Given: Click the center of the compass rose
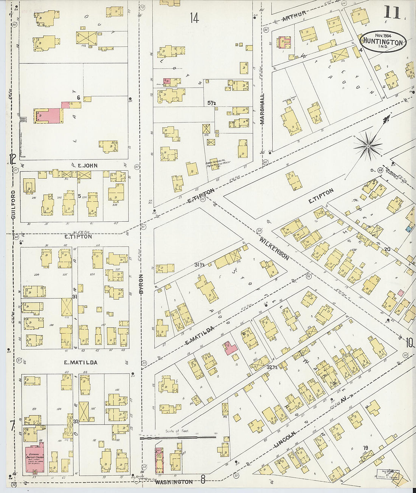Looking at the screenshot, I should point(368,145).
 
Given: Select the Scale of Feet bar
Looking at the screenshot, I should point(178,437).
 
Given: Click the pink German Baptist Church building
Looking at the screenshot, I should point(34,457).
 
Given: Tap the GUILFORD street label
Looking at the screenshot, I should point(13,205).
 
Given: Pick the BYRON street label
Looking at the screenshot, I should point(141,284).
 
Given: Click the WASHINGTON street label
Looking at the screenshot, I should point(174,482).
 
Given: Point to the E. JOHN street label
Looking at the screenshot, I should point(85,165).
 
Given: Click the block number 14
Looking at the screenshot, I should point(194,18).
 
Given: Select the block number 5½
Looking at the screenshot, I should point(211,102).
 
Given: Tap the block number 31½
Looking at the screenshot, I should point(200,265).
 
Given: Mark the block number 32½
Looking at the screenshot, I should point(272,367).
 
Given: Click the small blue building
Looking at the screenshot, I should point(409,229).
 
